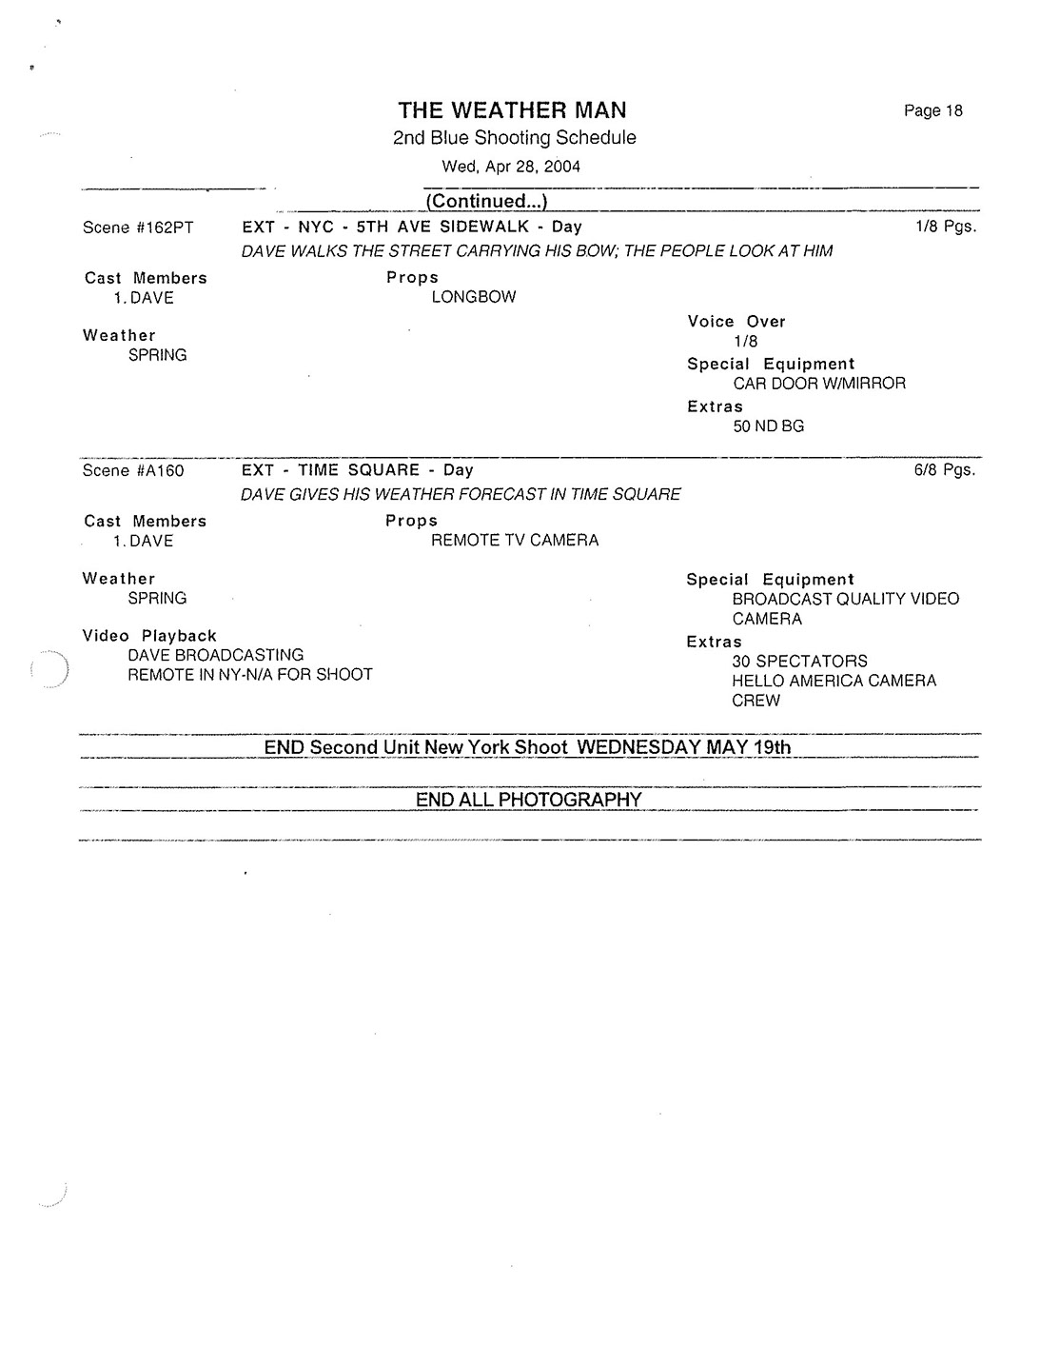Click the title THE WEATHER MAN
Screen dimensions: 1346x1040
pos(512,110)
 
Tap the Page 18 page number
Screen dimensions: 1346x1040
pos(932,111)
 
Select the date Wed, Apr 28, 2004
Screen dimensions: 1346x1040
pos(511,167)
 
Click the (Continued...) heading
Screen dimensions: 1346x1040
pos(486,201)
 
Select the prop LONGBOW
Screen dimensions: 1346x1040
pos(474,297)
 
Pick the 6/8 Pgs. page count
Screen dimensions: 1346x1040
pos(944,470)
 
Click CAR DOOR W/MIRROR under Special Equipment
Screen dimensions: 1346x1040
pos(819,384)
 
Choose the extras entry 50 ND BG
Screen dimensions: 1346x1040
pos(769,426)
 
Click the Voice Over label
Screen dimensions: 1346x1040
pos(736,322)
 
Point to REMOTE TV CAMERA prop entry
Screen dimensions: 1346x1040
pos(515,541)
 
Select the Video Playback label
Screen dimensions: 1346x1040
pos(149,636)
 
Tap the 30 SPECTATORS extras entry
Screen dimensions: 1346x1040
pos(799,662)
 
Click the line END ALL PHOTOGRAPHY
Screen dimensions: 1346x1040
pos(528,800)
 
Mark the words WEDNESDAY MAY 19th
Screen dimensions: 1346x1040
pos(684,747)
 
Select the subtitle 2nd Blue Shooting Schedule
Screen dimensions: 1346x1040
pos(514,138)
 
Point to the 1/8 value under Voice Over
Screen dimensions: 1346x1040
pos(746,342)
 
